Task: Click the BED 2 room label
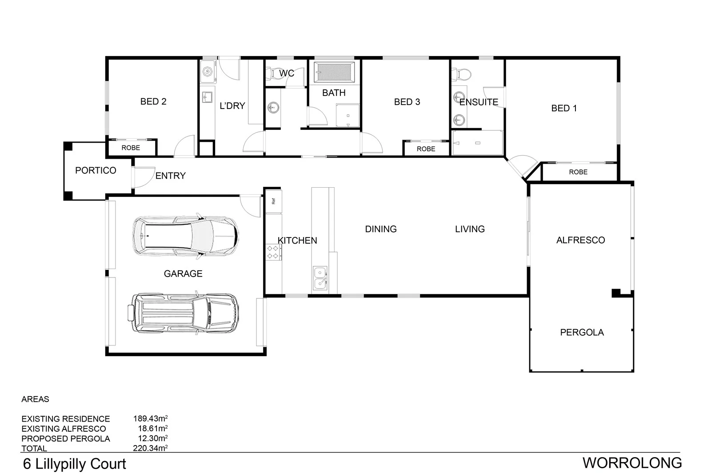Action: [x=153, y=101]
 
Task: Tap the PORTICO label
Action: [x=96, y=170]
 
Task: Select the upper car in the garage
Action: [x=185, y=236]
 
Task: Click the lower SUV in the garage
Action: [x=183, y=313]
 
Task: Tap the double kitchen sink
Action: [x=320, y=277]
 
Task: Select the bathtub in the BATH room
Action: [x=334, y=72]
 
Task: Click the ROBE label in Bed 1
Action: [x=578, y=172]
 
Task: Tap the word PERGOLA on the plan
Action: [x=582, y=332]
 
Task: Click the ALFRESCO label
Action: [x=580, y=240]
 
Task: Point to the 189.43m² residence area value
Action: [x=150, y=418]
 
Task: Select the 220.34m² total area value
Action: [x=150, y=448]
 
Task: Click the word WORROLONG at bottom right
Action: [x=632, y=463]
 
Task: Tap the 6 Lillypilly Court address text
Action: [x=75, y=464]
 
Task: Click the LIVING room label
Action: [x=470, y=229]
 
